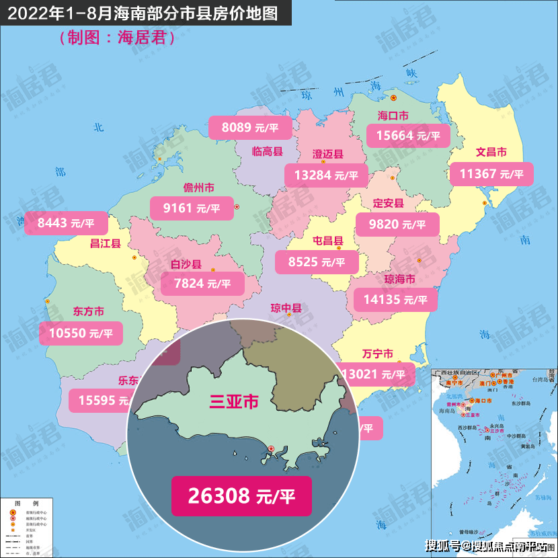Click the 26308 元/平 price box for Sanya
click(241, 496)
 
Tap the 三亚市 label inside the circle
click(234, 402)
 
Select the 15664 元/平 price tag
click(412, 135)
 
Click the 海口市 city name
click(393, 116)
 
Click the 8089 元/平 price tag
click(251, 126)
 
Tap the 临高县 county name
click(267, 151)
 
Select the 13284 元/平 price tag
click(326, 175)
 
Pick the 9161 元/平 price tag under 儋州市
click(192, 208)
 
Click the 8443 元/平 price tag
click(66, 222)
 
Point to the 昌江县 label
click(105, 243)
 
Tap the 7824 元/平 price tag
click(202, 284)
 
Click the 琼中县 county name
click(286, 309)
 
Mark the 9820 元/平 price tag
click(397, 224)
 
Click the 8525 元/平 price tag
click(317, 262)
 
